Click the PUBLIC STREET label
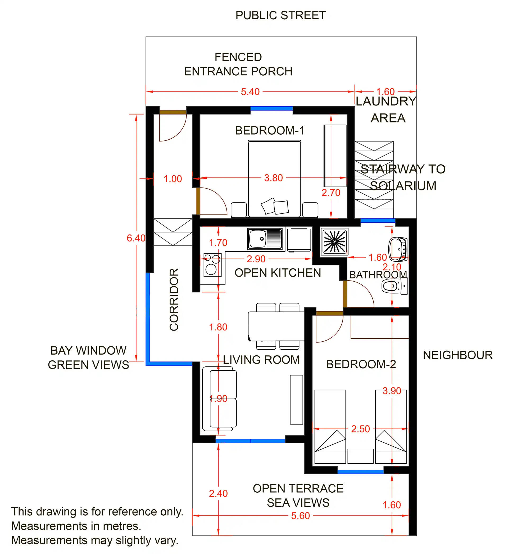click(281, 15)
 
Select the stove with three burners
click(212, 265)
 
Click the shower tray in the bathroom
click(334, 241)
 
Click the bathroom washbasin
click(398, 249)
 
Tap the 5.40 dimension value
click(250, 92)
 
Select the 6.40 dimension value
click(136, 238)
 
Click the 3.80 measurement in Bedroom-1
click(274, 178)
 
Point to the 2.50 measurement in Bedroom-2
click(360, 429)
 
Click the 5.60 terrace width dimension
click(301, 516)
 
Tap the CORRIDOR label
click(174, 300)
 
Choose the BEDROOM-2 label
click(361, 364)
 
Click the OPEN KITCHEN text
click(278, 273)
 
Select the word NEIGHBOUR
click(458, 355)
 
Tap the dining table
click(276, 326)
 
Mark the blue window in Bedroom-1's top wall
click(271, 108)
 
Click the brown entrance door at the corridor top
click(173, 112)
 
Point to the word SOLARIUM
click(403, 186)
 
